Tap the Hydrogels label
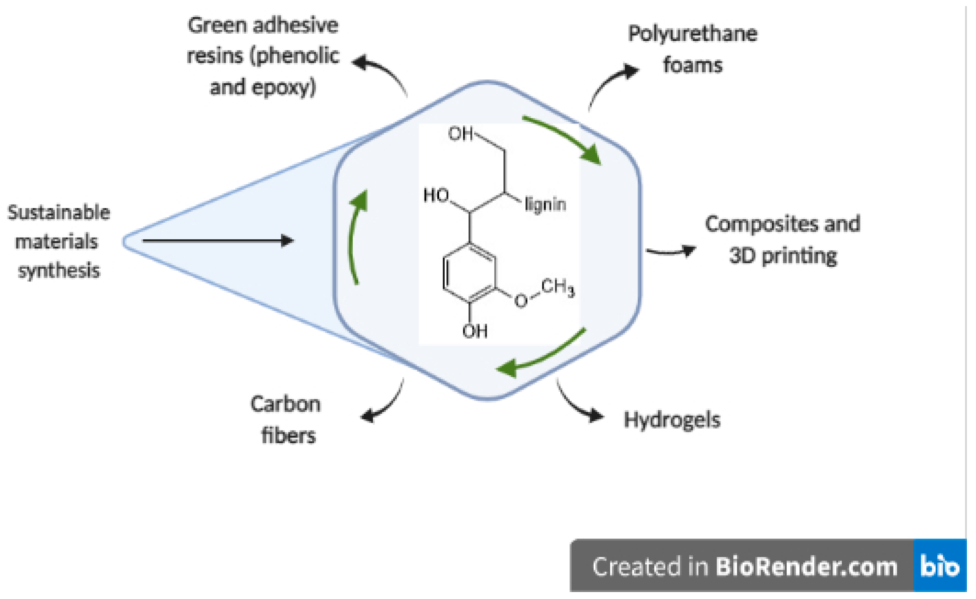tap(672, 420)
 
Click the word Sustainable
tap(59, 213)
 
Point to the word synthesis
tap(59, 271)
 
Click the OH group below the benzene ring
tap(475, 331)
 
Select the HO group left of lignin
tap(436, 195)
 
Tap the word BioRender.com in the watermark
tap(806, 567)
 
